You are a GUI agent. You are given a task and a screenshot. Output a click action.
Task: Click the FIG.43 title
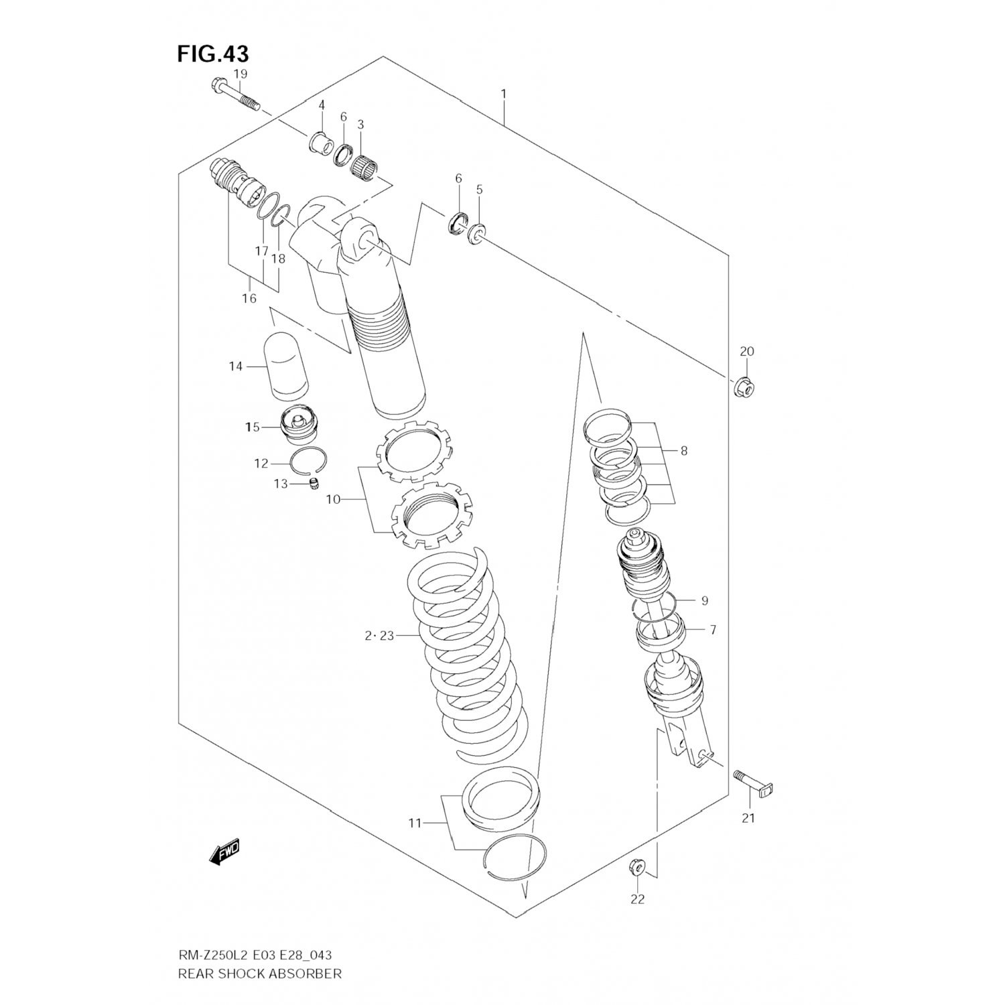point(212,53)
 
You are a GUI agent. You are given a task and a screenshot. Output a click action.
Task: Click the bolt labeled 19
point(235,94)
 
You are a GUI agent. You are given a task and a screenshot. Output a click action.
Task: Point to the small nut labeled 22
point(637,868)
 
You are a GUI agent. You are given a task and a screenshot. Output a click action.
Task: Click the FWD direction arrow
point(224,852)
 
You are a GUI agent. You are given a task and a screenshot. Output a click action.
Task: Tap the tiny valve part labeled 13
point(312,484)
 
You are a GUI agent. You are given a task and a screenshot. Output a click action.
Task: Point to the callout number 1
point(503,93)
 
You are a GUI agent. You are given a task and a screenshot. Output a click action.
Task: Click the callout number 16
point(249,299)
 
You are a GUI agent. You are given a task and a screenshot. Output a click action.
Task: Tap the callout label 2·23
point(379,636)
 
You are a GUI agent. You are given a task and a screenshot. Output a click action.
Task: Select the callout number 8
point(683,451)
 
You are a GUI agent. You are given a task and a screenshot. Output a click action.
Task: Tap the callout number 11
point(415,822)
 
